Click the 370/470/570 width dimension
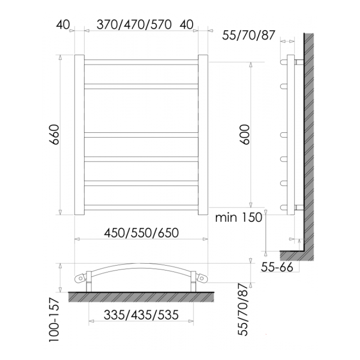coord(134,25)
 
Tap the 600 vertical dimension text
coord(244,134)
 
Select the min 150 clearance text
coord(238,218)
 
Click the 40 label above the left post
coord(63,25)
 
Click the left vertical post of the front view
coord(79,135)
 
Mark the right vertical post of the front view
coord(203,135)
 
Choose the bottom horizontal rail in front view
coord(141,207)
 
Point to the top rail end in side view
coord(284,62)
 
